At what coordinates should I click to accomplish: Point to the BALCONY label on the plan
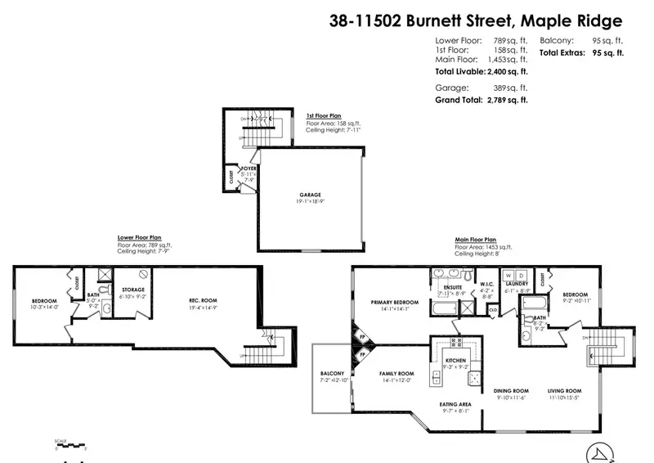(331, 374)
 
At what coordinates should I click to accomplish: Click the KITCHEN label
(455, 361)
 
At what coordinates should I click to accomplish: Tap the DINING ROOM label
(512, 390)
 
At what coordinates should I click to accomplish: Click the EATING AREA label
(455, 404)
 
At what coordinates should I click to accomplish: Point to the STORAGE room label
(133, 290)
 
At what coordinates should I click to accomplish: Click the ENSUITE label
(453, 288)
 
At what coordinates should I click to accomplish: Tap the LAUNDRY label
(517, 283)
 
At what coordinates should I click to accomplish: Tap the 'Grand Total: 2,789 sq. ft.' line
(480, 99)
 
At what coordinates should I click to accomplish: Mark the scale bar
(71, 447)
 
